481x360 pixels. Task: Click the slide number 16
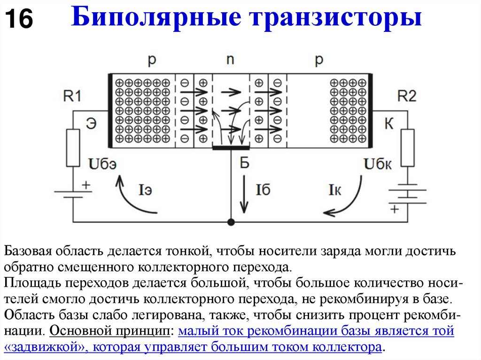(19, 20)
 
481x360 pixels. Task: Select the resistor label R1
(73, 96)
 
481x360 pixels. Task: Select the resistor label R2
(407, 96)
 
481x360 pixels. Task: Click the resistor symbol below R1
(73, 148)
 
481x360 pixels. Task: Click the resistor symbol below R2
(408, 148)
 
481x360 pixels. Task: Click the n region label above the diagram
(230, 60)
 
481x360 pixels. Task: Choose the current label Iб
(263, 190)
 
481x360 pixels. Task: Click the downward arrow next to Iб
(244, 193)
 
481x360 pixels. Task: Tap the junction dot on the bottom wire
(231, 222)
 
